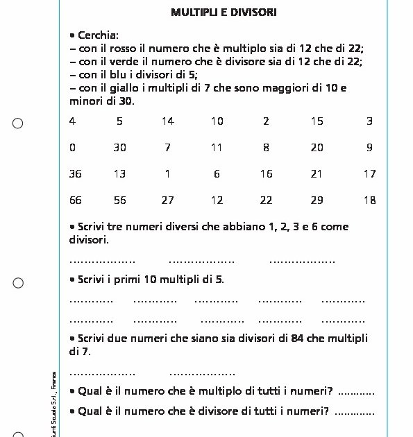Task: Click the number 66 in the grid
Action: (x=76, y=200)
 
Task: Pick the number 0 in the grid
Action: (x=73, y=147)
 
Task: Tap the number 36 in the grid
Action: (x=76, y=173)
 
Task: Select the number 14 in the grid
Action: (x=167, y=121)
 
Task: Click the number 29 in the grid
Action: (x=317, y=200)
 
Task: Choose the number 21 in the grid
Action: (x=317, y=173)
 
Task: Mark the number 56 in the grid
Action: (x=120, y=200)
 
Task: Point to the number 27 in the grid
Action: (x=167, y=200)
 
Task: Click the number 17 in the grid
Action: (x=369, y=173)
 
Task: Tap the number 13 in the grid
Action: (x=120, y=173)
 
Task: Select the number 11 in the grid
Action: (x=217, y=147)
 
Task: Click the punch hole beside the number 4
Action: (x=18, y=123)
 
